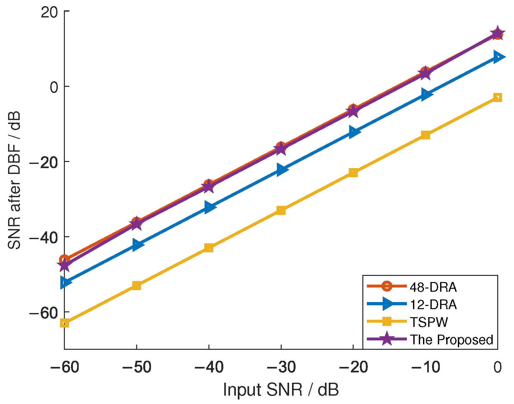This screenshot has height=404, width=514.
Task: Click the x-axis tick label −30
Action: tap(281, 367)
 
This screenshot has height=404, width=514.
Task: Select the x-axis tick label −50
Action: tap(136, 367)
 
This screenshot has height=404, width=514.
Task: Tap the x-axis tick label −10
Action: tap(425, 367)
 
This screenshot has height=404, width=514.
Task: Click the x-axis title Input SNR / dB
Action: tap(281, 389)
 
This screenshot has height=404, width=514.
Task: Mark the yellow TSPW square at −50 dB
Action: tap(136, 285)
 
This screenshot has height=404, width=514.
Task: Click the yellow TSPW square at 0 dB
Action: tap(497, 97)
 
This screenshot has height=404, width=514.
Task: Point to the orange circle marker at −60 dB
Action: tap(65, 259)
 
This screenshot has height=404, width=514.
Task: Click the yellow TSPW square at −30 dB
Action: tap(281, 210)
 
